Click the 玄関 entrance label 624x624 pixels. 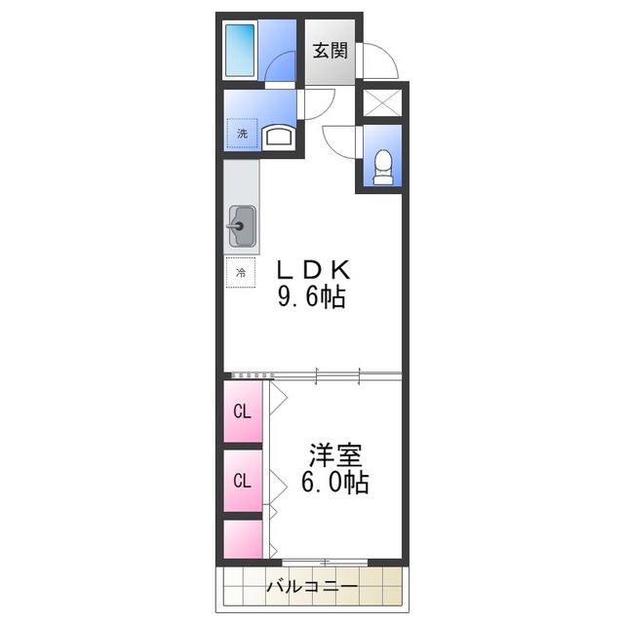tap(331, 51)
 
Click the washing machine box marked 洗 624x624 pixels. tap(243, 134)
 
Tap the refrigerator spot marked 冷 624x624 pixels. tap(239, 273)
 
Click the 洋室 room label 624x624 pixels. tap(336, 454)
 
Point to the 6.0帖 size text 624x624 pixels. tap(334, 482)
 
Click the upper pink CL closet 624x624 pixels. tap(242, 410)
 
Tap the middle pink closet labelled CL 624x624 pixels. tap(242, 480)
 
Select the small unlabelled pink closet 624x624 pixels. tap(242, 538)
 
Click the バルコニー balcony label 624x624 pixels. tap(311, 588)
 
